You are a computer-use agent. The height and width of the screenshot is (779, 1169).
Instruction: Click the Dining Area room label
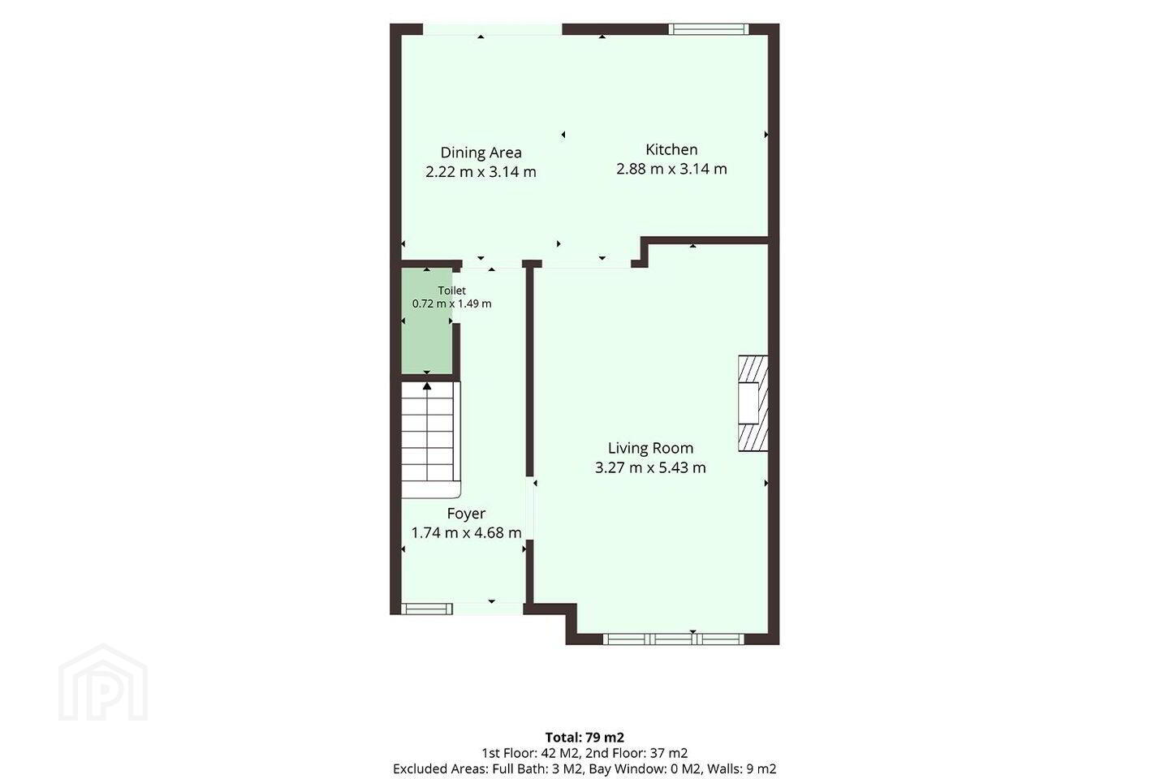pos(481,153)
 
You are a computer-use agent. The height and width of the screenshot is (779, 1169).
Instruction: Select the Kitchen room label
pos(671,149)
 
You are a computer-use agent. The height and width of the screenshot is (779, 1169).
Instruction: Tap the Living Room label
pos(650,448)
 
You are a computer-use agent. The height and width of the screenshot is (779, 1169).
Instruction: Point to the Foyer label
pos(466,514)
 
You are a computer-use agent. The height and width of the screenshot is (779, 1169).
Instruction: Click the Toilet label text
pos(451,291)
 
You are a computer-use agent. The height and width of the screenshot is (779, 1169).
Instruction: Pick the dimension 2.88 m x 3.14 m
pos(671,169)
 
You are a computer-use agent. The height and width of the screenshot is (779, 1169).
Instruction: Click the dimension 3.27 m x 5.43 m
pos(650,467)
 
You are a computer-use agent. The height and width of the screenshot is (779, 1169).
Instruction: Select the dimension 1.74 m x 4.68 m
pos(466,533)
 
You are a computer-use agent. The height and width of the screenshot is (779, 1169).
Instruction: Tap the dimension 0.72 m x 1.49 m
pos(451,303)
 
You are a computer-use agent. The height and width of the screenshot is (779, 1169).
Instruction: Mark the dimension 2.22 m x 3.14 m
pos(481,172)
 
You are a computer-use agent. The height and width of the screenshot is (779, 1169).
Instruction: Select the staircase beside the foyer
pos(430,438)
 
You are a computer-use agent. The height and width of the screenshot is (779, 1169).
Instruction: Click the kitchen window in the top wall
pos(709,29)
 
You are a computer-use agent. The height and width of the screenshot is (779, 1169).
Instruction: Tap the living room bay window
pos(673,639)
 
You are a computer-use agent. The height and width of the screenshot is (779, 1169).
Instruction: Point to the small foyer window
pos(426,609)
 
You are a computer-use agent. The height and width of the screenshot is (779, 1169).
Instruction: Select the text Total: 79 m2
pos(584,738)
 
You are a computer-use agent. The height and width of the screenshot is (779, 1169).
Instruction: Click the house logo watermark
pos(103,683)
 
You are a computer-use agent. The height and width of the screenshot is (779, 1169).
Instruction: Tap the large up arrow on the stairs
pos(427,386)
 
